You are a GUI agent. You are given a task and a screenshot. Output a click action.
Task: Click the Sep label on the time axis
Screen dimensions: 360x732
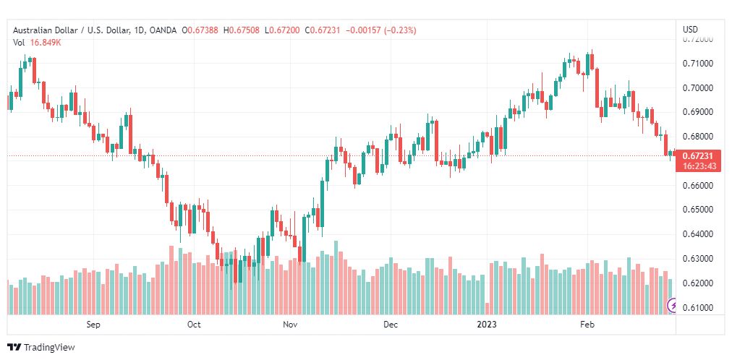pyautogui.click(x=93, y=325)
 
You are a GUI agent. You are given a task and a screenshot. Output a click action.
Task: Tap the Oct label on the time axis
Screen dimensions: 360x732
pyautogui.click(x=193, y=325)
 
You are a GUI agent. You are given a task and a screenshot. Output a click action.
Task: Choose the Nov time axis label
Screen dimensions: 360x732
pyautogui.click(x=291, y=325)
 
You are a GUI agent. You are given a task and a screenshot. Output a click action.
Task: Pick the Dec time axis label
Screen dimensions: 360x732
pyautogui.click(x=391, y=325)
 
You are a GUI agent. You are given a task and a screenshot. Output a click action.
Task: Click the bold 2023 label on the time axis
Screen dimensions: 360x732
pyautogui.click(x=487, y=325)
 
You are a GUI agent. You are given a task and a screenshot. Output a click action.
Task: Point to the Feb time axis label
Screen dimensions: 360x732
pyautogui.click(x=587, y=325)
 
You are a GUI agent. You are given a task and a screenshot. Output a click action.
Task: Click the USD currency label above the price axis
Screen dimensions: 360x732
pyautogui.click(x=690, y=30)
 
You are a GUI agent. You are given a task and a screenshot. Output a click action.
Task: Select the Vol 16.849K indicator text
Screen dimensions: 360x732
pyautogui.click(x=38, y=43)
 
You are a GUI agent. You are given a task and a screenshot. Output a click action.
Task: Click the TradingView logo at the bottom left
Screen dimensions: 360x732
pyautogui.click(x=41, y=348)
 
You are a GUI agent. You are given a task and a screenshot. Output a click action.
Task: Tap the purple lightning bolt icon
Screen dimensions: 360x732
pyautogui.click(x=672, y=307)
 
